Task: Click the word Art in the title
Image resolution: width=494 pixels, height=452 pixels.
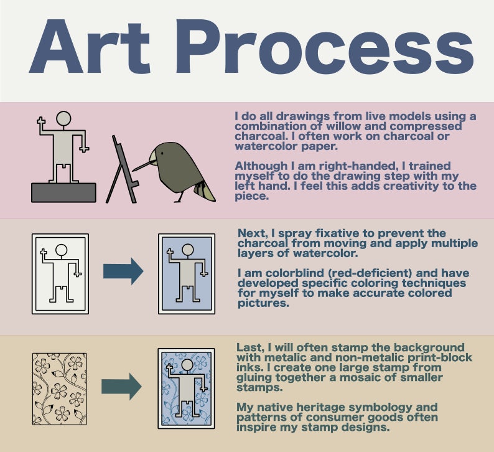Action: (90, 46)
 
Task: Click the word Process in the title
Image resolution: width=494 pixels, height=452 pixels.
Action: (324, 46)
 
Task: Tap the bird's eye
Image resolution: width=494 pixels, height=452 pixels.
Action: (162, 153)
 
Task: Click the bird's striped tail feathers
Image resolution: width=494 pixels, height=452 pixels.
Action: (204, 191)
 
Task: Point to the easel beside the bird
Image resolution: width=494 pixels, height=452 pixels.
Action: (123, 170)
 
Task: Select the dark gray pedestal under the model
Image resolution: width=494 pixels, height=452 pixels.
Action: (63, 192)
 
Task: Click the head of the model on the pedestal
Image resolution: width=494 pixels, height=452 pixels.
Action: (63, 118)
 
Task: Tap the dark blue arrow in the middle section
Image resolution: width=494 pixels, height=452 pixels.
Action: (123, 271)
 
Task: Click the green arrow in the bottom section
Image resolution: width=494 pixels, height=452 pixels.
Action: (121, 387)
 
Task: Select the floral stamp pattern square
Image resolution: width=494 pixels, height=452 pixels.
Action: (59, 389)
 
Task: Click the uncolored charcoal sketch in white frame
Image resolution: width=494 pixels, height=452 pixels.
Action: (60, 274)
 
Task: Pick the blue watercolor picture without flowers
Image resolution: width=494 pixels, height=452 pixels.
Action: (187, 274)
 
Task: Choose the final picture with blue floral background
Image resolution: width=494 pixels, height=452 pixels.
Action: (186, 388)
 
